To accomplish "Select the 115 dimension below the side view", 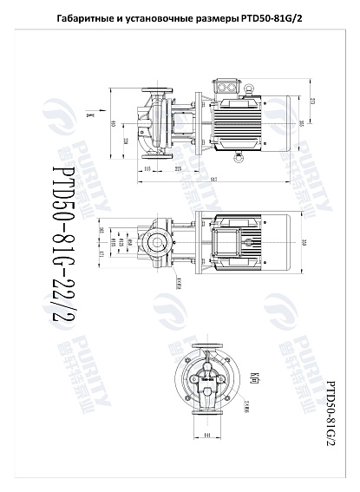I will pos(148,169).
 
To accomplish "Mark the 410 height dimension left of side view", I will pos(114,122).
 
